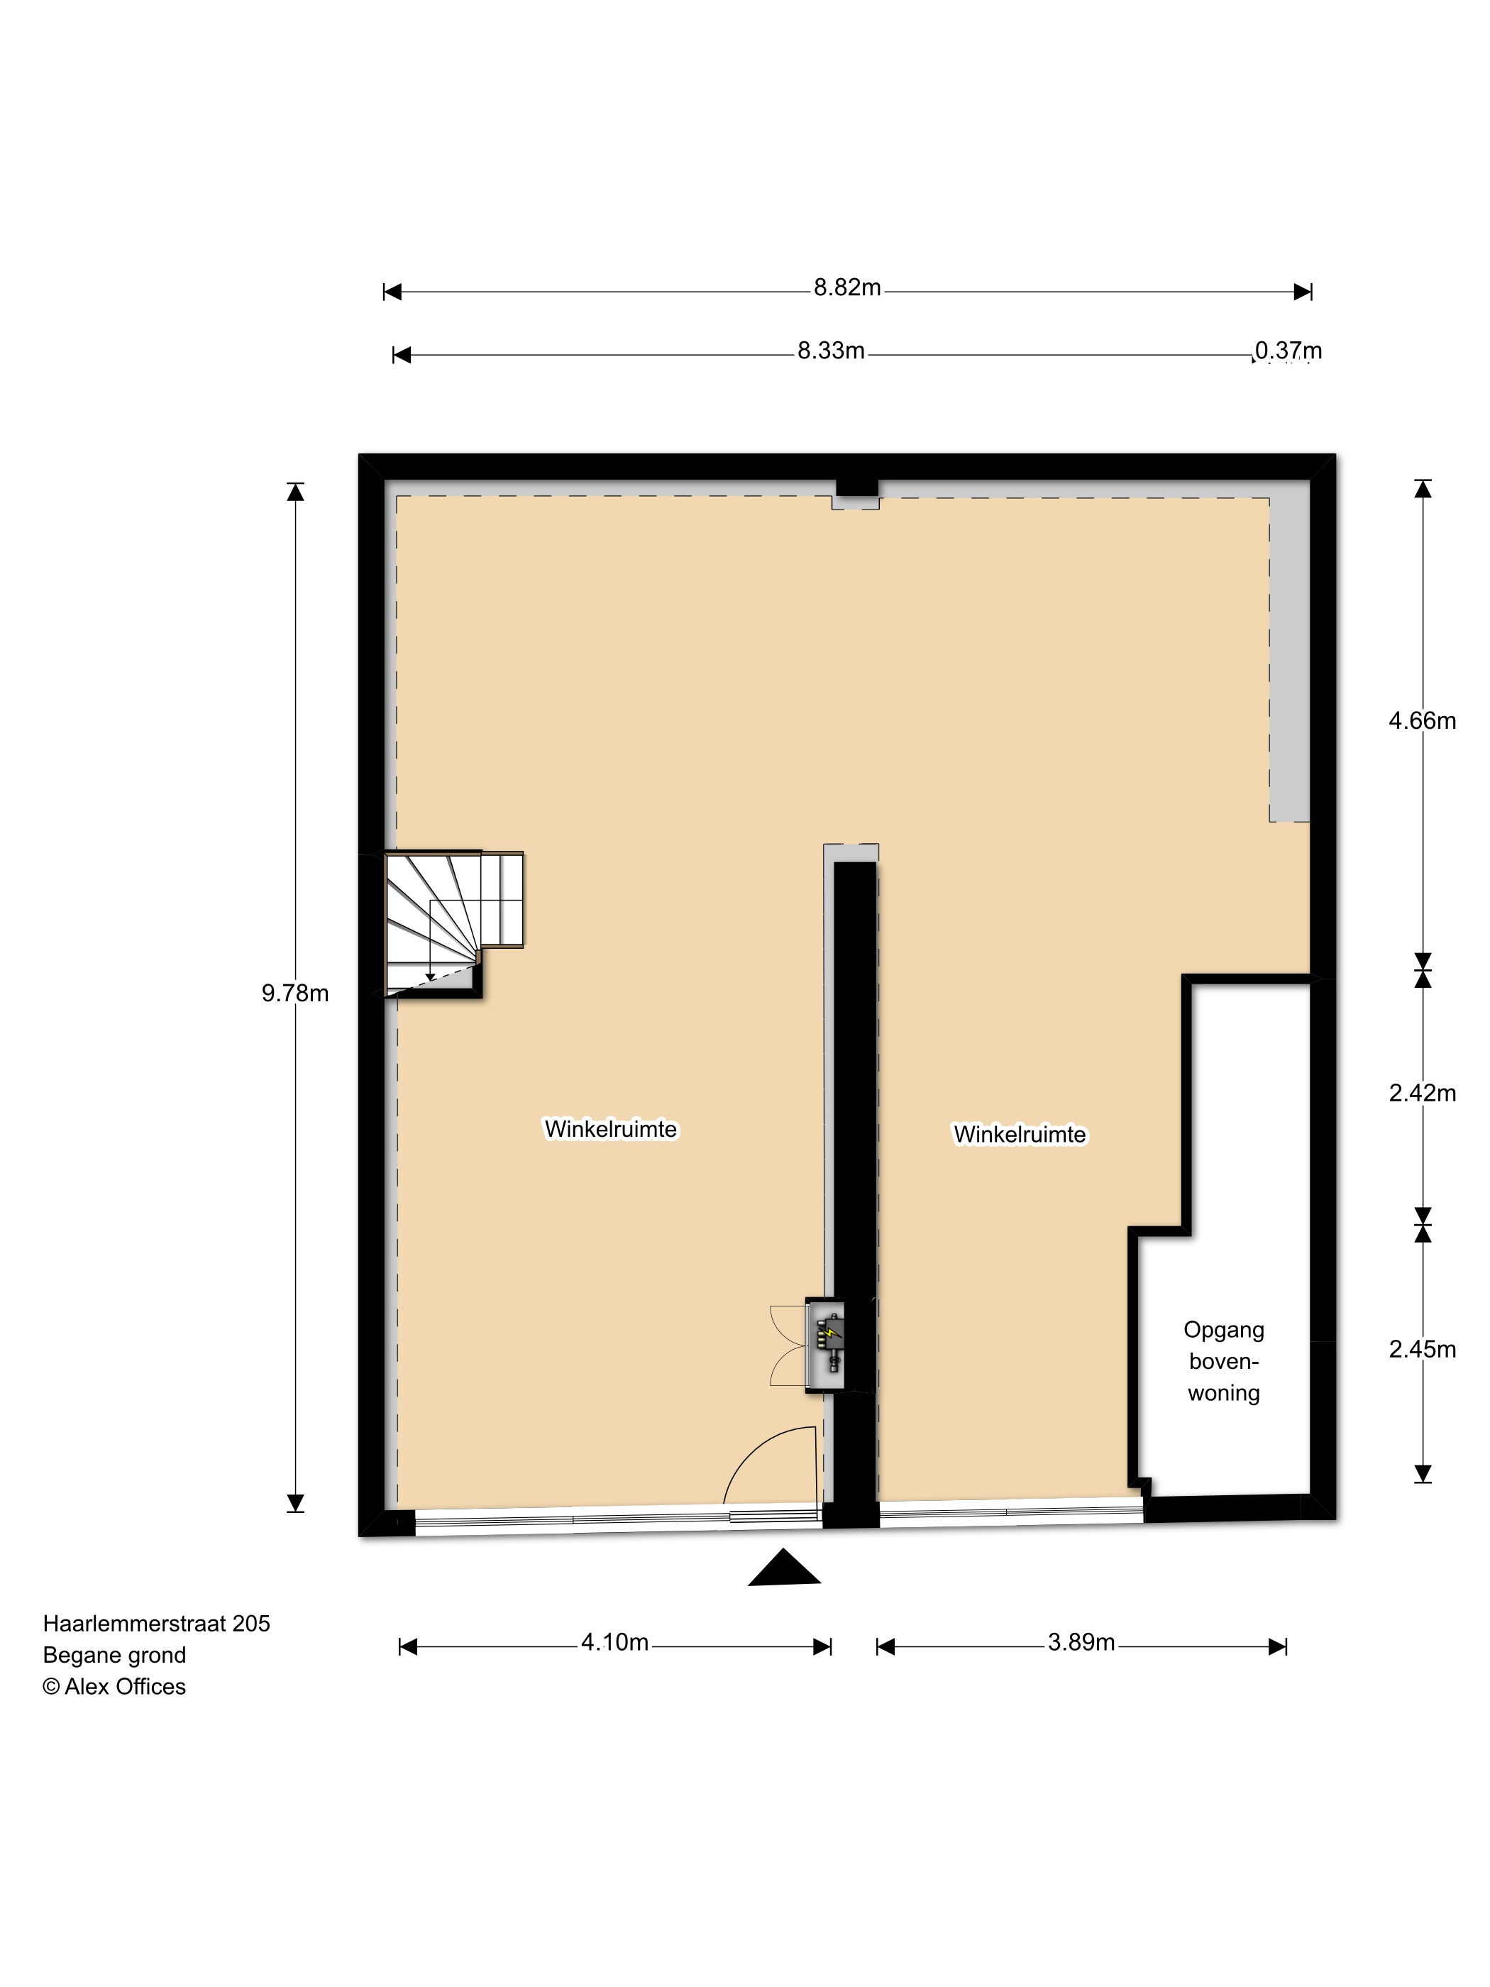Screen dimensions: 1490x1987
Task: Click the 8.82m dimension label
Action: (847, 288)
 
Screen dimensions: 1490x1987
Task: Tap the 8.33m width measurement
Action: (831, 351)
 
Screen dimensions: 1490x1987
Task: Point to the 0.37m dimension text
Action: (1288, 351)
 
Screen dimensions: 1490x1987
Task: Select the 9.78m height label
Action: (294, 993)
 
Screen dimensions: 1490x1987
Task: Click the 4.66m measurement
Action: (1422, 721)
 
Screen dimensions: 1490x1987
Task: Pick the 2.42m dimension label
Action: (1422, 1094)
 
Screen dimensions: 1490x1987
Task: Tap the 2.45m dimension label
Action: (1422, 1349)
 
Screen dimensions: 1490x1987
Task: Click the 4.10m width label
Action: (614, 1643)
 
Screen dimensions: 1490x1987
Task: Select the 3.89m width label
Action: (1081, 1643)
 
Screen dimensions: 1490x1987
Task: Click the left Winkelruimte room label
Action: (611, 1129)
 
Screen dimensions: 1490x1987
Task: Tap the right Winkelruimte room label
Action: (1020, 1135)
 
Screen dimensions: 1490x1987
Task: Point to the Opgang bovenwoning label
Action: (1223, 1361)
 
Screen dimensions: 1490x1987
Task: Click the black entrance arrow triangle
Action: (784, 1567)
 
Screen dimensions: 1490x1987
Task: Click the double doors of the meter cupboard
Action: (788, 1345)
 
